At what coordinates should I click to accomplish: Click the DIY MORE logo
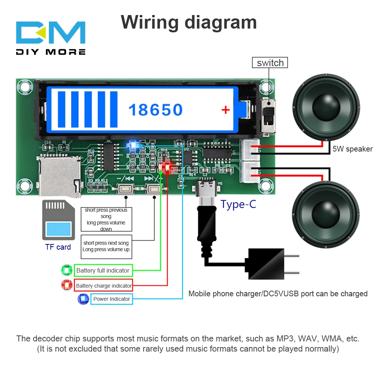click(51, 38)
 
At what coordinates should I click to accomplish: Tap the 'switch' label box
click(270, 62)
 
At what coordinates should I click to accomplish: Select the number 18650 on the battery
click(155, 110)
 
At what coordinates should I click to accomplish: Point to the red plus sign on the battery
click(225, 110)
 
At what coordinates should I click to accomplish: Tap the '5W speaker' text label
click(352, 149)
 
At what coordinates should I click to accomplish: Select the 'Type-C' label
click(238, 204)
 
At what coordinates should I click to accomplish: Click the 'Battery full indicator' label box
click(103, 270)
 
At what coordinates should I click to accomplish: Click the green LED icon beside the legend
click(67, 270)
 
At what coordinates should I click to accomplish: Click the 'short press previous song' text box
click(106, 219)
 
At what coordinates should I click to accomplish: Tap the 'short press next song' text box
click(106, 246)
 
